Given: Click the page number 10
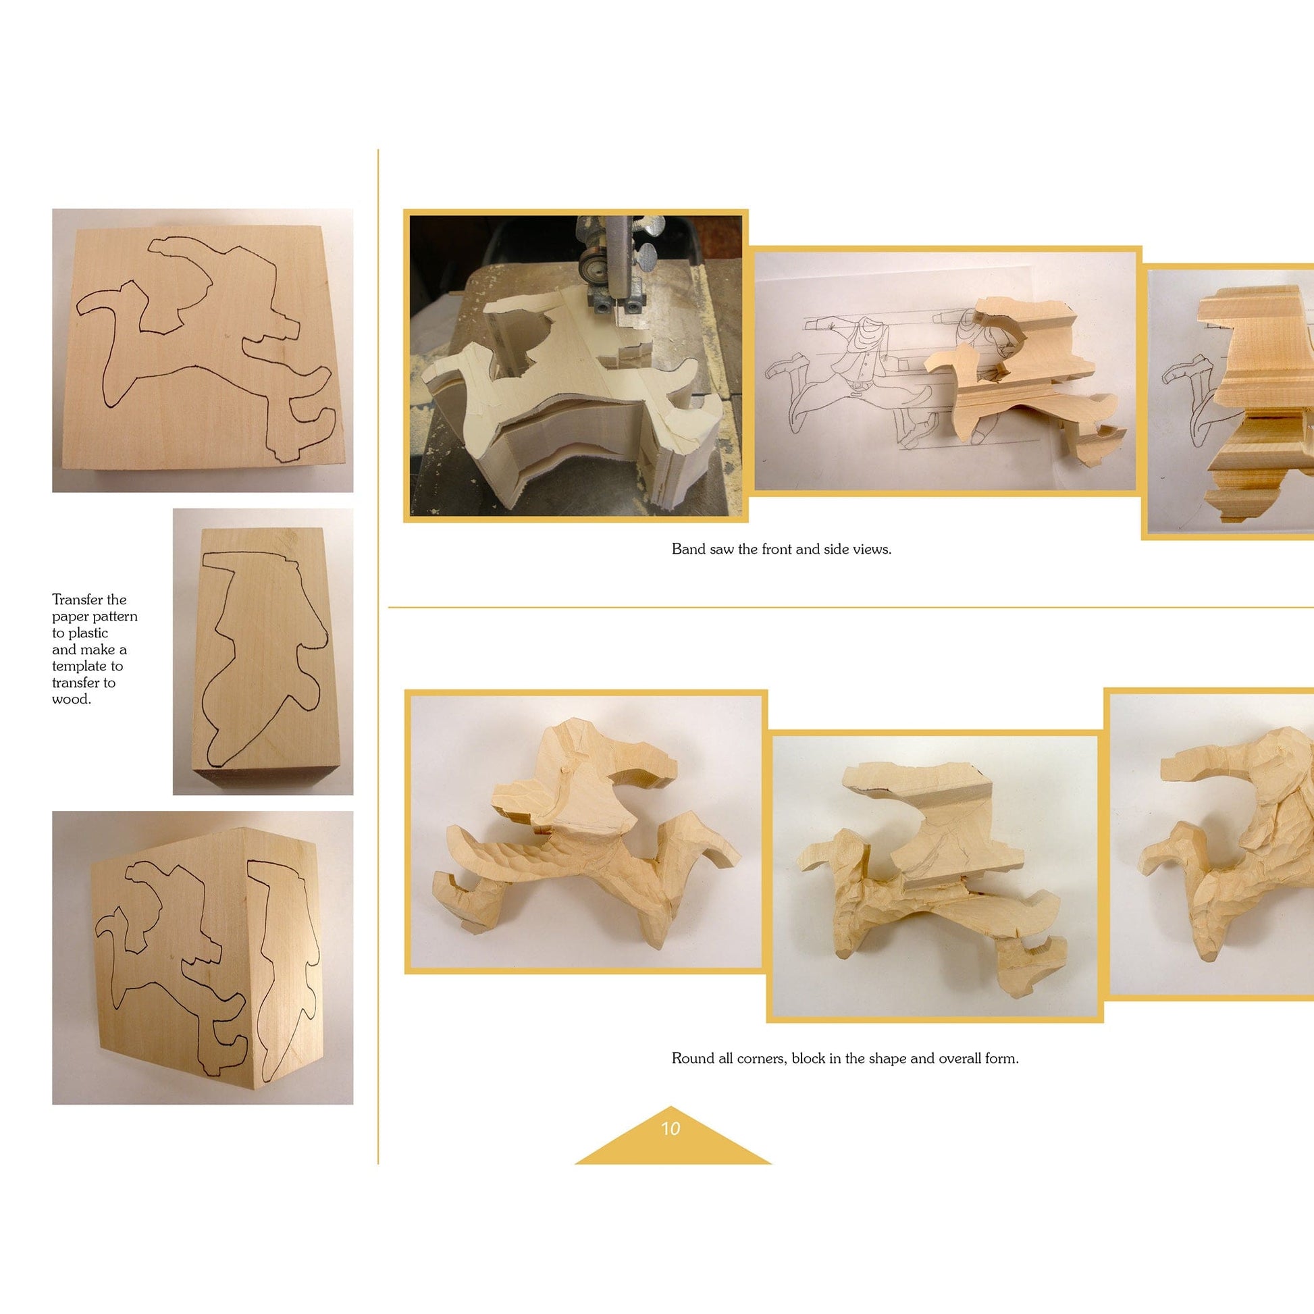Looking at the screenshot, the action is tap(670, 1128).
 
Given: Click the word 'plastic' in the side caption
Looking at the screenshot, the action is tap(88, 633).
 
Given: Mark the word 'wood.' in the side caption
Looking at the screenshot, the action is tap(72, 699).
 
